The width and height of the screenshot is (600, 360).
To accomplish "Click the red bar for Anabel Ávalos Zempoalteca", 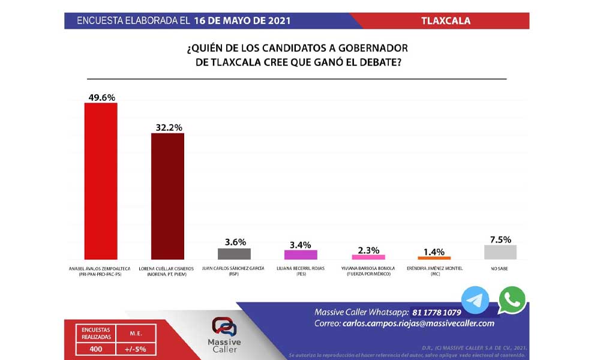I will click(101, 181).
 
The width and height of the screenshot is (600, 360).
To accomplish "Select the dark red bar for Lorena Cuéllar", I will click(167, 196).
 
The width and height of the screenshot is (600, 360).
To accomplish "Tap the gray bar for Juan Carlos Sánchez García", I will click(234, 253).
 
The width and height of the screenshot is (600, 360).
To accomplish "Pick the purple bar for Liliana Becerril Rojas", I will click(301, 254).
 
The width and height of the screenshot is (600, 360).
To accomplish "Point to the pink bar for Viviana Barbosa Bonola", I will click(368, 256).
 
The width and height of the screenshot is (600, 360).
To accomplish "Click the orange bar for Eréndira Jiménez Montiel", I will click(434, 257).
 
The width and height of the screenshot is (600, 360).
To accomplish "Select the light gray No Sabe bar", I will click(500, 252).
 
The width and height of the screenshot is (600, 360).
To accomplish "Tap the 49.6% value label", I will click(101, 97).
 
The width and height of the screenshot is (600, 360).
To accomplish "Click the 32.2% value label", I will click(167, 127).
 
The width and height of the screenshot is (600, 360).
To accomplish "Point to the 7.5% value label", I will click(500, 239).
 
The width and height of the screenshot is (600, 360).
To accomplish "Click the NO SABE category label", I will click(500, 268).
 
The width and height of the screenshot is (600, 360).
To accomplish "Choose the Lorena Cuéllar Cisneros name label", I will click(167, 268).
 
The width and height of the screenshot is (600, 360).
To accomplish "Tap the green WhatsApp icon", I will click(511, 299).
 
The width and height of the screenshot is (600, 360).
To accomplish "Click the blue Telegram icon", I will click(475, 300).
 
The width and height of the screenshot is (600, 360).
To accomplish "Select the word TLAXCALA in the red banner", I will click(446, 21).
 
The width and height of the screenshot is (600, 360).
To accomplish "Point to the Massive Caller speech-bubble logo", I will click(225, 327).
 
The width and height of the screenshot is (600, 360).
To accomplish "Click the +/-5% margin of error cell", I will click(136, 349).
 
